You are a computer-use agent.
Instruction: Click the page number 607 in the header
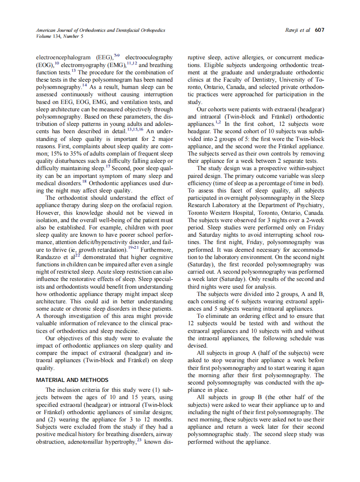click(319, 30)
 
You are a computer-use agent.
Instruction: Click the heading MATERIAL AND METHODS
click(72, 380)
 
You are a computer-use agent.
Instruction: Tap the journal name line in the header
click(100, 30)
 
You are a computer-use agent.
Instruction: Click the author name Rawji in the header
click(292, 30)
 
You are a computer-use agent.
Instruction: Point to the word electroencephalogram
click(63, 57)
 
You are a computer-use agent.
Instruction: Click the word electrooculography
click(149, 57)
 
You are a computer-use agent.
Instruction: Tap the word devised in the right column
click(198, 345)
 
